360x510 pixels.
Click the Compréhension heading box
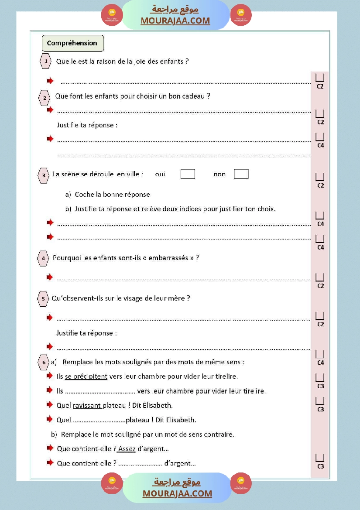[x=72, y=43]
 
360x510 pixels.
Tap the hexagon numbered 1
[x=46, y=62]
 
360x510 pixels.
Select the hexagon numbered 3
[x=44, y=175]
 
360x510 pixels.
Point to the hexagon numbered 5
[x=43, y=299]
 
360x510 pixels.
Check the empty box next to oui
[x=188, y=174]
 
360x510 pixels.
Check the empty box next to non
[x=241, y=174]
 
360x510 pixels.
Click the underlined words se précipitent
[x=86, y=376]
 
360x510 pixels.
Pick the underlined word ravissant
[x=87, y=405]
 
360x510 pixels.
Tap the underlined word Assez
[x=127, y=448]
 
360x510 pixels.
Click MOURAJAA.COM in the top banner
[x=175, y=21]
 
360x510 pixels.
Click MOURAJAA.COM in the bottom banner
[x=177, y=493]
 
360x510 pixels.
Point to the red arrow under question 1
[x=51, y=81]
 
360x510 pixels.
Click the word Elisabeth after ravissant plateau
[x=158, y=405]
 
